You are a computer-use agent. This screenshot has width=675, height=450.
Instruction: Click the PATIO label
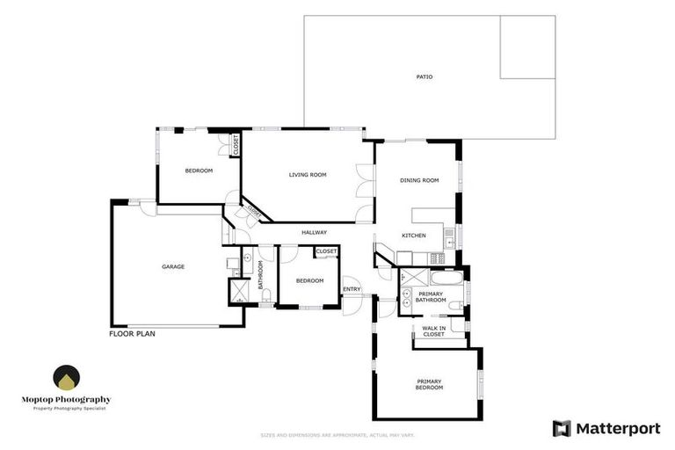coord(425,76)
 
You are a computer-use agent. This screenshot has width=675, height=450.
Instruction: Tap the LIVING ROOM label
coord(308,175)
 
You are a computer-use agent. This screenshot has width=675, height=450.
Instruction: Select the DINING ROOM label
coord(419,180)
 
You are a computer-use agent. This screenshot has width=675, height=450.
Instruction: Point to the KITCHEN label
coord(414,236)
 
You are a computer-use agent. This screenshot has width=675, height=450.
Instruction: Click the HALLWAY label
coord(314,232)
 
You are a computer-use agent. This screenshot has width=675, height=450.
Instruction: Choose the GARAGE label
coord(172,266)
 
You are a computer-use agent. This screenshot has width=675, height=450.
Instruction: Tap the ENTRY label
coord(352,289)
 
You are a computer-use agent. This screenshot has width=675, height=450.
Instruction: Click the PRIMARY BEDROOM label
coord(430,384)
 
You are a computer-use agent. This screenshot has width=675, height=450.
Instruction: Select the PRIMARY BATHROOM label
coord(431,297)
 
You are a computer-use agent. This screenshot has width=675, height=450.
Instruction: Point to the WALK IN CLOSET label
coord(433,331)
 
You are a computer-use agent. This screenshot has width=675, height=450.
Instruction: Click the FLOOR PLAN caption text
coord(133,335)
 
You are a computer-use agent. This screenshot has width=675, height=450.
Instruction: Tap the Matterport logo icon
coord(562,428)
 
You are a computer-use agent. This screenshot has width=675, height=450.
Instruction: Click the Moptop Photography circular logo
coord(66,378)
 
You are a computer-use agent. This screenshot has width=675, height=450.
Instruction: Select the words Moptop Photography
coord(67,399)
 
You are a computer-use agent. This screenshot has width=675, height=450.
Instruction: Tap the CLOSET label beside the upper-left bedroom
coord(236,145)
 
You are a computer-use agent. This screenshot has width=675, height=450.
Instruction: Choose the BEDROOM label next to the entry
coord(309,280)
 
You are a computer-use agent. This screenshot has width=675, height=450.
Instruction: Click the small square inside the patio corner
coord(527,47)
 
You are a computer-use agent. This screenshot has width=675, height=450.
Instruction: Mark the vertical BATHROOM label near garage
coord(261,274)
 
